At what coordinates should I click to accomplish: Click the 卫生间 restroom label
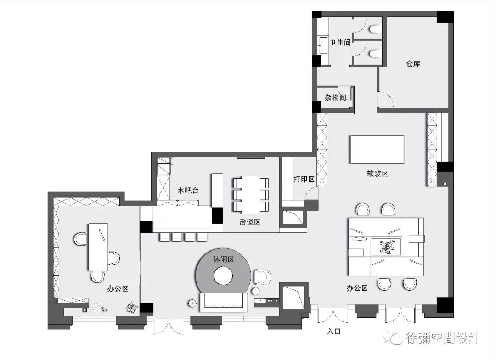coord(340,43)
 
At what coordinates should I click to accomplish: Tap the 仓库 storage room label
coord(413,64)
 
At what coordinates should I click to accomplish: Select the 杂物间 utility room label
coord(335,98)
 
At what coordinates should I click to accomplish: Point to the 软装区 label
coord(378,174)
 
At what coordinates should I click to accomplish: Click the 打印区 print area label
coord(304,179)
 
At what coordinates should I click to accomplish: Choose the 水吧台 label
coord(188,190)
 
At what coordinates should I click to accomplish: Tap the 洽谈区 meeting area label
coord(250,222)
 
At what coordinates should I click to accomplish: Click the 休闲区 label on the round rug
coord(223,259)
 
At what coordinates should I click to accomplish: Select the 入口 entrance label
coord(333,331)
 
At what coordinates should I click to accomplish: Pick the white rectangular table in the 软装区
coord(377,149)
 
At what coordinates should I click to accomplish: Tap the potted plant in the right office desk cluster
coord(386,247)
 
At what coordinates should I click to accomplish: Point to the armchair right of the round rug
coord(262,277)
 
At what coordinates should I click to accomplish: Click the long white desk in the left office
coord(97,246)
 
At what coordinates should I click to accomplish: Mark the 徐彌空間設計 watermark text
coord(442,339)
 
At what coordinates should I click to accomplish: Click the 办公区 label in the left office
coord(117,289)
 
